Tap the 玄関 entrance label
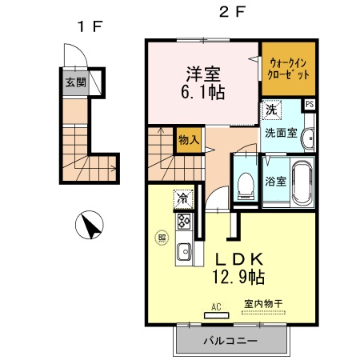(75, 82)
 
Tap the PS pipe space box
(309, 104)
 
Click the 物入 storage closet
(188, 141)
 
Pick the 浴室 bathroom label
(277, 181)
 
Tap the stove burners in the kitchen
(183, 221)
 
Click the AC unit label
(216, 306)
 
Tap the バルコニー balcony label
(230, 341)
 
